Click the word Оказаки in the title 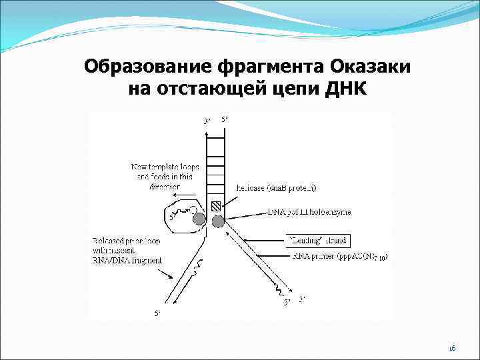368,67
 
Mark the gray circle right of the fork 217,221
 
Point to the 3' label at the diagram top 207,120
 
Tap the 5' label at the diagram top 225,119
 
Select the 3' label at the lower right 302,300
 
